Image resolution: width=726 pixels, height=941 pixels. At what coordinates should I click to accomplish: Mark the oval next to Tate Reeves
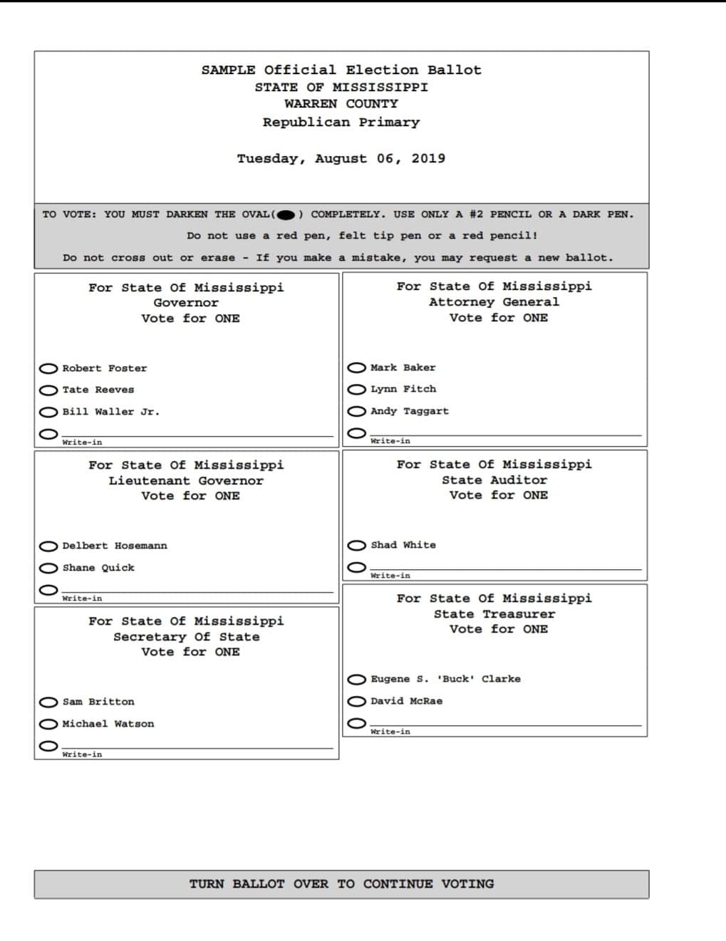click(x=48, y=390)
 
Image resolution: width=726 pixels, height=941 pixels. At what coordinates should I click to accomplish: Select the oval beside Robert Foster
click(x=48, y=368)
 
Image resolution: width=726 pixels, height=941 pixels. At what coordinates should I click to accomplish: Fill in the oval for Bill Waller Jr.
click(x=48, y=412)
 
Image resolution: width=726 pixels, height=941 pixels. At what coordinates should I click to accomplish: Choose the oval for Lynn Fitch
click(x=357, y=390)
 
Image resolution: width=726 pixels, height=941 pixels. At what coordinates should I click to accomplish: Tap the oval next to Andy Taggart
click(x=357, y=411)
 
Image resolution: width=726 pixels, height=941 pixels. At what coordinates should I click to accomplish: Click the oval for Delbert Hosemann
click(x=48, y=546)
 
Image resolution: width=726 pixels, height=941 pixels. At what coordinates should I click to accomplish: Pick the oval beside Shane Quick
click(x=48, y=568)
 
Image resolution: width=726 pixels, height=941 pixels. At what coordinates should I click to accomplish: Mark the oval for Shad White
click(x=357, y=546)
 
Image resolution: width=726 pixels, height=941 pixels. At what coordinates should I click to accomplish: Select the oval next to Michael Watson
click(x=48, y=724)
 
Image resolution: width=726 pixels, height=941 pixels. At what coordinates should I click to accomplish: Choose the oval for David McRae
click(x=357, y=701)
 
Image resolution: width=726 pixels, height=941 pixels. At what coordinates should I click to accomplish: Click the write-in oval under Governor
click(x=48, y=433)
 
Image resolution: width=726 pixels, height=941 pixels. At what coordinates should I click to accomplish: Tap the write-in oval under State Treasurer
click(x=357, y=723)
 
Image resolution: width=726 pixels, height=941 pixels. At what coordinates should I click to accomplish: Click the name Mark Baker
click(x=403, y=368)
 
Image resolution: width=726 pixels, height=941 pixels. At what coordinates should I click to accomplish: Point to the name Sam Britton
click(x=98, y=702)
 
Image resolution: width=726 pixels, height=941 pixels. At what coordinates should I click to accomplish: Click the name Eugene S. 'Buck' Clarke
click(x=445, y=679)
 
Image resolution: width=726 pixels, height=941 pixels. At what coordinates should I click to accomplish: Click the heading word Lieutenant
click(x=150, y=481)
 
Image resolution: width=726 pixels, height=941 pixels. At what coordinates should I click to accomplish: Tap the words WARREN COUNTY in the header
click(x=341, y=104)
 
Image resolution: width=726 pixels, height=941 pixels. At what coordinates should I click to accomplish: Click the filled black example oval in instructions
click(x=286, y=214)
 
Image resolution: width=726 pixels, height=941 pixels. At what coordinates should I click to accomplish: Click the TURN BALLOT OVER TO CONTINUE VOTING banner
click(x=341, y=884)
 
